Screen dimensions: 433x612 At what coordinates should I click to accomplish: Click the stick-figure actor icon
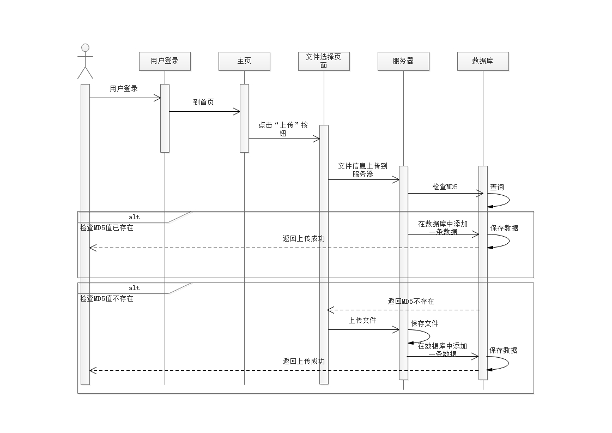[85, 61]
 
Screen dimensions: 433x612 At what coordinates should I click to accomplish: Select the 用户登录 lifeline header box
[165, 61]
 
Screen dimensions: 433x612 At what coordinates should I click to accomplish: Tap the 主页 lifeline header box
[244, 61]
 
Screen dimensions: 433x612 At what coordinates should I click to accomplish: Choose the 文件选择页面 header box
[324, 61]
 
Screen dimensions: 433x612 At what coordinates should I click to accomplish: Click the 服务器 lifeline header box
[403, 61]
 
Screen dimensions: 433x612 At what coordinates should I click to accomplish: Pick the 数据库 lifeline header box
[483, 61]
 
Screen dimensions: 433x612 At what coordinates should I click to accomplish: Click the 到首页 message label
[204, 102]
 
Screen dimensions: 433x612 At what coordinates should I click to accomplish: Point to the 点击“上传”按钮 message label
[283, 129]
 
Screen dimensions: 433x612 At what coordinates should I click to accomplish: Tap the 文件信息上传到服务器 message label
[362, 170]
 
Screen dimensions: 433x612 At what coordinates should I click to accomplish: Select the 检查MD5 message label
[445, 187]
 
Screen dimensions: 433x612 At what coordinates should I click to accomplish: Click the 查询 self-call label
[497, 187]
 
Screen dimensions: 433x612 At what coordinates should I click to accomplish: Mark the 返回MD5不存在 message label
[411, 301]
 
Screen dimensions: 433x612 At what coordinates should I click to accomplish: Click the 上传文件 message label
[362, 320]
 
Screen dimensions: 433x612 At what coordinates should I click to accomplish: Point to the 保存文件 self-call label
[425, 323]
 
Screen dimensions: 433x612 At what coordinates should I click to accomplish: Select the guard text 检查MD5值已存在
[107, 228]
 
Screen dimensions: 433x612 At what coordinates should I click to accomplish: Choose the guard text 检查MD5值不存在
[107, 299]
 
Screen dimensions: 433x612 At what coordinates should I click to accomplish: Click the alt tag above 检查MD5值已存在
[134, 217]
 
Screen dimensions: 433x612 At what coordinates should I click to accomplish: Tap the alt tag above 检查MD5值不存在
[134, 288]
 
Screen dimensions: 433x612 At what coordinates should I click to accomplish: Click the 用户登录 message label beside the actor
[124, 88]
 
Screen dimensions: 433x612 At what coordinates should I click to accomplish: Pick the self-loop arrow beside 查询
[504, 200]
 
